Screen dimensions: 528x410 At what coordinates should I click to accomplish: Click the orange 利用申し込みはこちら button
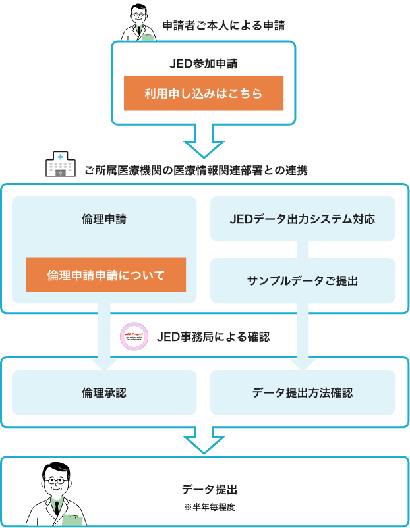(x=204, y=93)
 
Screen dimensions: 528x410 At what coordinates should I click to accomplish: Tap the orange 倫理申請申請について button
(x=105, y=275)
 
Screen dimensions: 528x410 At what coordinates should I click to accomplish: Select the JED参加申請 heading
(x=204, y=65)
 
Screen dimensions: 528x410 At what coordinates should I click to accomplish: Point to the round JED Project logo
(x=134, y=336)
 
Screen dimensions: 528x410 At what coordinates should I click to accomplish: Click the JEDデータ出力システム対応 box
(x=303, y=219)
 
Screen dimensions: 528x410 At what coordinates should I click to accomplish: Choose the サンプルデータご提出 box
(x=303, y=280)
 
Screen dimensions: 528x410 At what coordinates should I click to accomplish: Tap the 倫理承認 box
(x=104, y=392)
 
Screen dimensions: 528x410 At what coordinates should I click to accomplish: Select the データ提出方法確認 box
(x=303, y=392)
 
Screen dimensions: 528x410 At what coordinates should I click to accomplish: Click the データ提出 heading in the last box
(x=209, y=490)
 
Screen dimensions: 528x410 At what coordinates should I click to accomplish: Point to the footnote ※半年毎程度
(x=209, y=508)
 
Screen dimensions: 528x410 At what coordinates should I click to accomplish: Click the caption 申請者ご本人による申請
(x=223, y=26)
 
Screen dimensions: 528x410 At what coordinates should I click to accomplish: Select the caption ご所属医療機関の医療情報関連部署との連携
(x=196, y=170)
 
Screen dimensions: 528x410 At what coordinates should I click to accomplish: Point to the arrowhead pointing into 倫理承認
(x=104, y=360)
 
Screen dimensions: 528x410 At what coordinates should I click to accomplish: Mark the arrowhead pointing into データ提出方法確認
(x=303, y=360)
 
